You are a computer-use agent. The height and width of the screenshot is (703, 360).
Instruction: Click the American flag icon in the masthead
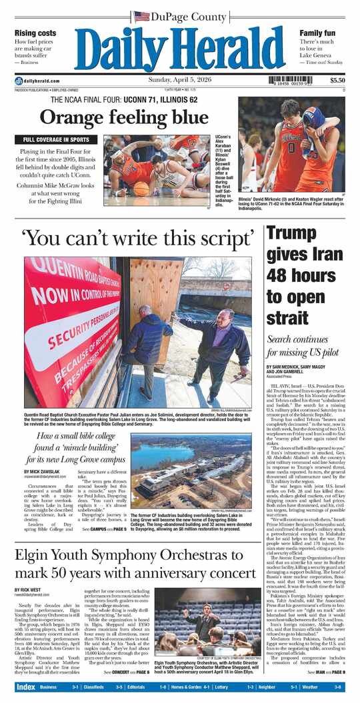[141, 16]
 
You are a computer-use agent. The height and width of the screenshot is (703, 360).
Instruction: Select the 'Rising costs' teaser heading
[35, 33]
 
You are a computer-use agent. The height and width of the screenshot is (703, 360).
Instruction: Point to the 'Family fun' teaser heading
[317, 33]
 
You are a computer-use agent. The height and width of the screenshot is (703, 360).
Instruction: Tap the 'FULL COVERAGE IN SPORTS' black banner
[57, 140]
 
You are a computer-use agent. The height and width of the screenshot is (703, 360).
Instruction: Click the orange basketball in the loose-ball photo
[141, 189]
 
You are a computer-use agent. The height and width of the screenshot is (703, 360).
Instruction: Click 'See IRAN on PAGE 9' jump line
[326, 672]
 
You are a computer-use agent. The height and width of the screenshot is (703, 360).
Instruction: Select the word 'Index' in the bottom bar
[25, 686]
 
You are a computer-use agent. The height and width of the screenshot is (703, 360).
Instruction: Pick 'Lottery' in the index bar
[220, 686]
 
